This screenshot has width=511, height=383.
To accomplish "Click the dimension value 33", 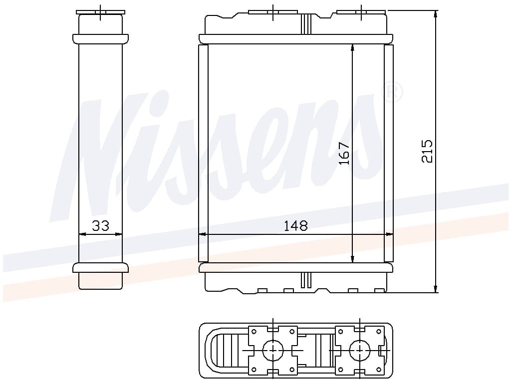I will (100, 226).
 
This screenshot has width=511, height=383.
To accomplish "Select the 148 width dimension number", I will (295, 226).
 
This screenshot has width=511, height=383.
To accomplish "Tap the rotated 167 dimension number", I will (344, 154).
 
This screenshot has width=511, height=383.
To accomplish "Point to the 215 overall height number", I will (427, 151).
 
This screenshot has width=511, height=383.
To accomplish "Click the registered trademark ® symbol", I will (392, 93).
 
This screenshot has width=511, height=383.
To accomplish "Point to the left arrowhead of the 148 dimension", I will (202, 234).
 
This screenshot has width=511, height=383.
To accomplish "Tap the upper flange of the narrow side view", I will (100, 38).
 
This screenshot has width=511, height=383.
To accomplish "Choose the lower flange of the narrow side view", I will (100, 268).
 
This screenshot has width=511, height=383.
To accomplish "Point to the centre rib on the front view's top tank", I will (306, 24).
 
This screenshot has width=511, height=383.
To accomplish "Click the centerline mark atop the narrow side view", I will (100, 11).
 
